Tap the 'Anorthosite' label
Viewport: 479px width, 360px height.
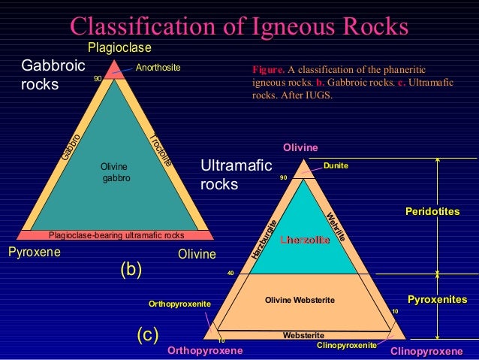[x=158, y=68]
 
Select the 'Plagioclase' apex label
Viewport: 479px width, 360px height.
[x=119, y=48]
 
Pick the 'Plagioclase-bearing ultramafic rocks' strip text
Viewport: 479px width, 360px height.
[x=116, y=234]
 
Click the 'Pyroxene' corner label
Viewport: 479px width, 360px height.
[x=34, y=253]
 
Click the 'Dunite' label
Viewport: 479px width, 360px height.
[x=336, y=165]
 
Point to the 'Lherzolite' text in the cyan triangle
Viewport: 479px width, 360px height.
[x=305, y=240]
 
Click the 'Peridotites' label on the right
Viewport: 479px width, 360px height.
[x=432, y=212]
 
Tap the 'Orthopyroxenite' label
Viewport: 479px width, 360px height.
[x=179, y=304]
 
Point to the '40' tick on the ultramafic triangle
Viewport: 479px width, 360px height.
[x=231, y=274]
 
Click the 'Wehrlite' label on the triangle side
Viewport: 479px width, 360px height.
[x=336, y=227]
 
